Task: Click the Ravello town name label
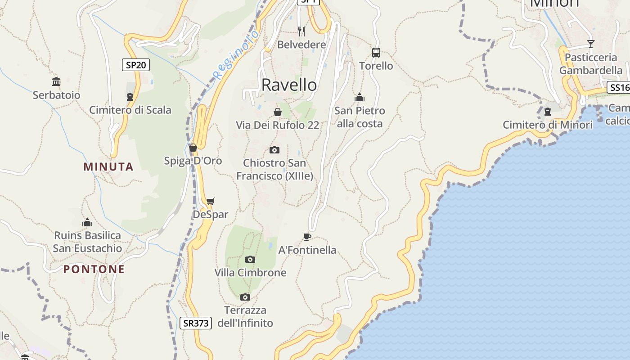(289, 85)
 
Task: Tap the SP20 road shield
(136, 65)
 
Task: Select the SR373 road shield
(196, 323)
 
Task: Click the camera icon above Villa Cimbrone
(250, 259)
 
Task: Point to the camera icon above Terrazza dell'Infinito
(245, 297)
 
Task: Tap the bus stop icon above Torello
(376, 53)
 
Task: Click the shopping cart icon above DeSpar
(210, 201)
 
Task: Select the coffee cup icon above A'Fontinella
(307, 237)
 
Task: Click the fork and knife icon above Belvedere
(301, 31)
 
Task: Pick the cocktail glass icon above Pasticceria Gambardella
(591, 44)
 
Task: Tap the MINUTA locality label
(108, 167)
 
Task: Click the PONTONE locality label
(94, 269)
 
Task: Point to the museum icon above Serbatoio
(56, 81)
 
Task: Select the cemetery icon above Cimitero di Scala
(130, 97)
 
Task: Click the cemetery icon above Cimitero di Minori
(548, 111)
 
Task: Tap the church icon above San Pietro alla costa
(360, 97)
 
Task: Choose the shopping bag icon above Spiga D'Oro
(193, 147)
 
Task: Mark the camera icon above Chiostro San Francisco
(274, 150)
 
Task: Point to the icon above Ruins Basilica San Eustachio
(87, 222)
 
